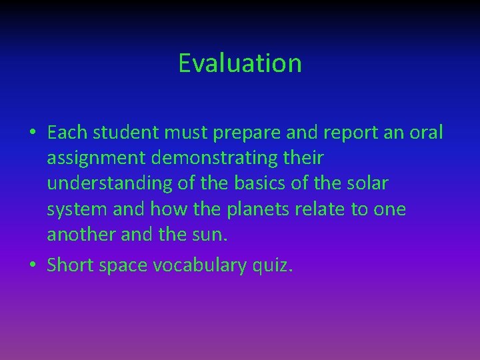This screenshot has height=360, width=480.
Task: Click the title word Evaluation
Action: click(x=240, y=63)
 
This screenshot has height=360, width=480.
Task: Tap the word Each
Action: click(x=68, y=133)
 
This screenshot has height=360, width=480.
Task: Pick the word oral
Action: click(x=425, y=133)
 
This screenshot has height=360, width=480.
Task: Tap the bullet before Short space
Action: click(x=32, y=265)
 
